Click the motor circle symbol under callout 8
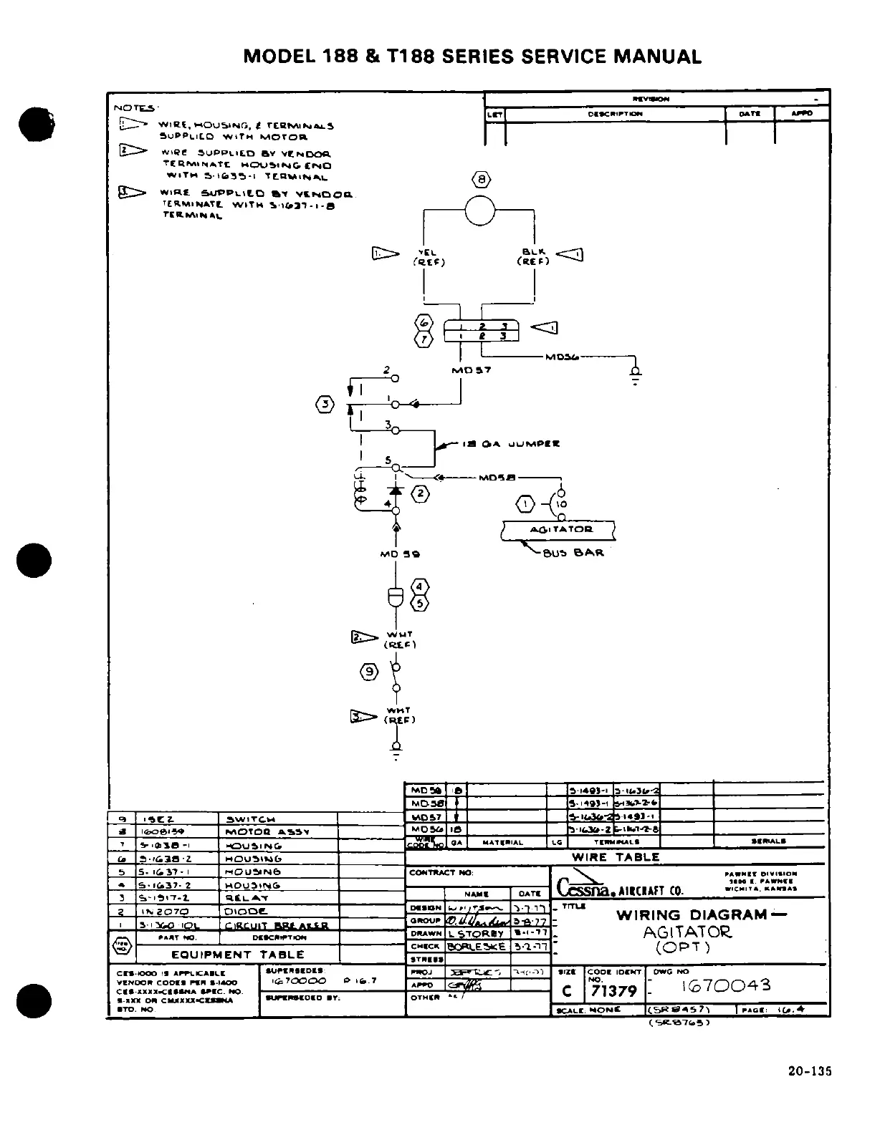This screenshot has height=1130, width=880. tap(480, 210)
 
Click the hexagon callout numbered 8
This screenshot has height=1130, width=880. tap(481, 179)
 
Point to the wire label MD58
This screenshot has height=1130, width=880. tap(497, 477)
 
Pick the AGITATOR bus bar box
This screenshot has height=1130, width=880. tap(557, 530)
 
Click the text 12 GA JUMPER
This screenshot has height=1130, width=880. tap(511, 444)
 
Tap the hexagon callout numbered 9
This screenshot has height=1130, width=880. tap(368, 671)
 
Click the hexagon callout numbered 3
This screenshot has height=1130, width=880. tap(325, 404)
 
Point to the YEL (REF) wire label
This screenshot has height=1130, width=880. tap(428, 257)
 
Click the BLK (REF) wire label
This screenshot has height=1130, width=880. tap(533, 256)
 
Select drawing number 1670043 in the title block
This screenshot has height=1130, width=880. tap(727, 985)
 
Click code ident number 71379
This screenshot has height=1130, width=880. tap(613, 991)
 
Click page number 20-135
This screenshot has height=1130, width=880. tap(809, 1072)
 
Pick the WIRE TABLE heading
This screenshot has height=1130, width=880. tap(615, 857)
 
